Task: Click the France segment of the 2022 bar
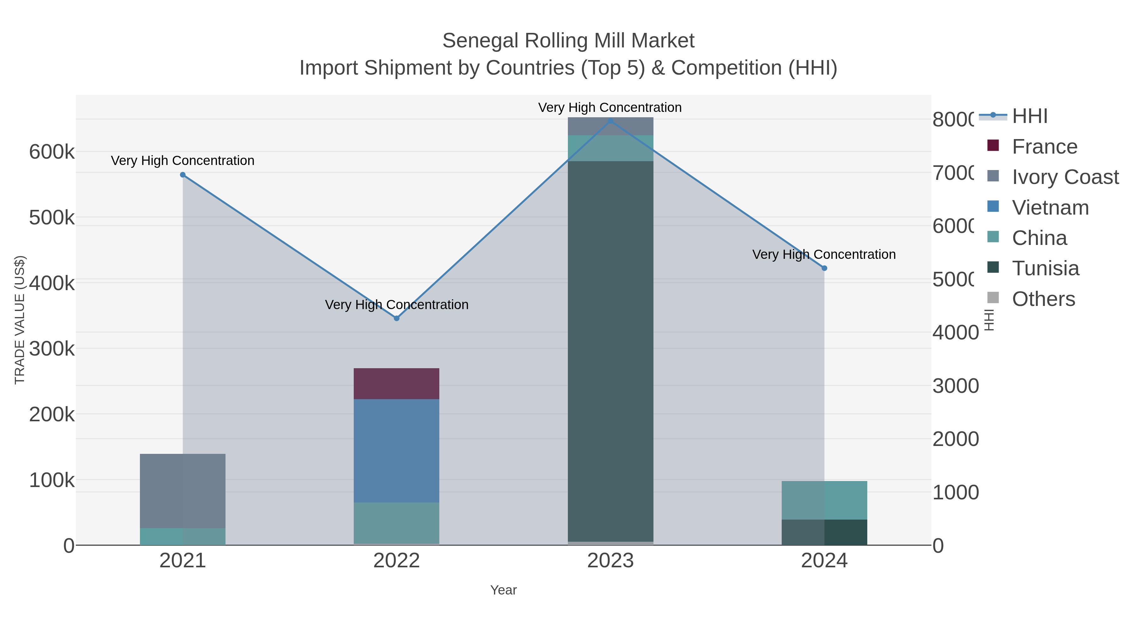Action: click(x=396, y=383)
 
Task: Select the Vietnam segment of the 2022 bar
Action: click(x=396, y=450)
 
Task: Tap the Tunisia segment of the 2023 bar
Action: click(x=610, y=351)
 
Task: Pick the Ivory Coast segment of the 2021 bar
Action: click(x=182, y=490)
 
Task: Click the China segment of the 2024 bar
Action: click(x=824, y=500)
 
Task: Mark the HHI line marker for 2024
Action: click(x=824, y=268)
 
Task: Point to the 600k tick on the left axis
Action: click(x=51, y=152)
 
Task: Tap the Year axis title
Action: click(x=503, y=590)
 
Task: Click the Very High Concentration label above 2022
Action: click(x=396, y=305)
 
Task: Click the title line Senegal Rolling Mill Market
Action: click(x=568, y=41)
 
